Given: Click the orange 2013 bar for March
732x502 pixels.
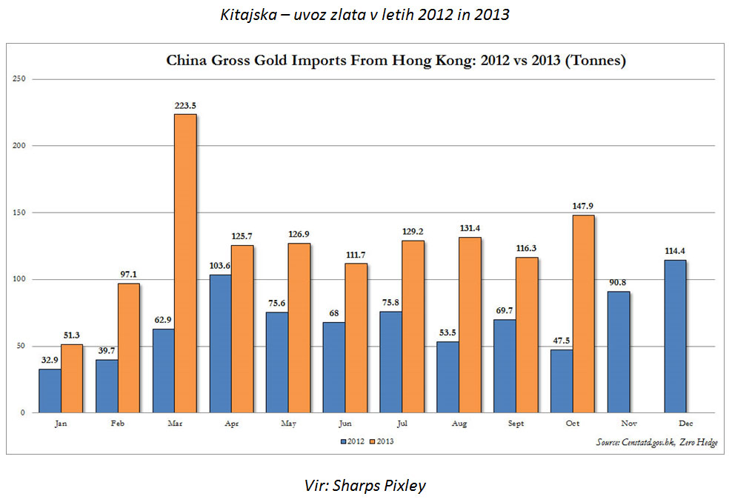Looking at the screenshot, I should tap(185, 263).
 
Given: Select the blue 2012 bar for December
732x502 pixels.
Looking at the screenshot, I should tap(675, 336).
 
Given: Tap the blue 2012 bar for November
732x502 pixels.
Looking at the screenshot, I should tap(618, 352).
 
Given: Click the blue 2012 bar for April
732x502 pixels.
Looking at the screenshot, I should tap(220, 344).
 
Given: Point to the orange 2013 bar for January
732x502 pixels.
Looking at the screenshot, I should tap(72, 378).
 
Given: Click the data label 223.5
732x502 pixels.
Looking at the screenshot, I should tap(185, 107).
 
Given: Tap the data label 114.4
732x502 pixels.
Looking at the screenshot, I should tap(675, 252).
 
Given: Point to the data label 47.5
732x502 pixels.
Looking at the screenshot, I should tap(561, 341).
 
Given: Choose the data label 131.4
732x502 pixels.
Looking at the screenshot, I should tap(469, 230).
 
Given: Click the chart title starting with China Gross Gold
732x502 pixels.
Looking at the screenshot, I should tap(396, 61).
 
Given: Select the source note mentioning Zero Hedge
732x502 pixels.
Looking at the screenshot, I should tap(656, 442).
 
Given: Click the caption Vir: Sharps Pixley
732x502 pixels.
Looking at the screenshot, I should tap(365, 485).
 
